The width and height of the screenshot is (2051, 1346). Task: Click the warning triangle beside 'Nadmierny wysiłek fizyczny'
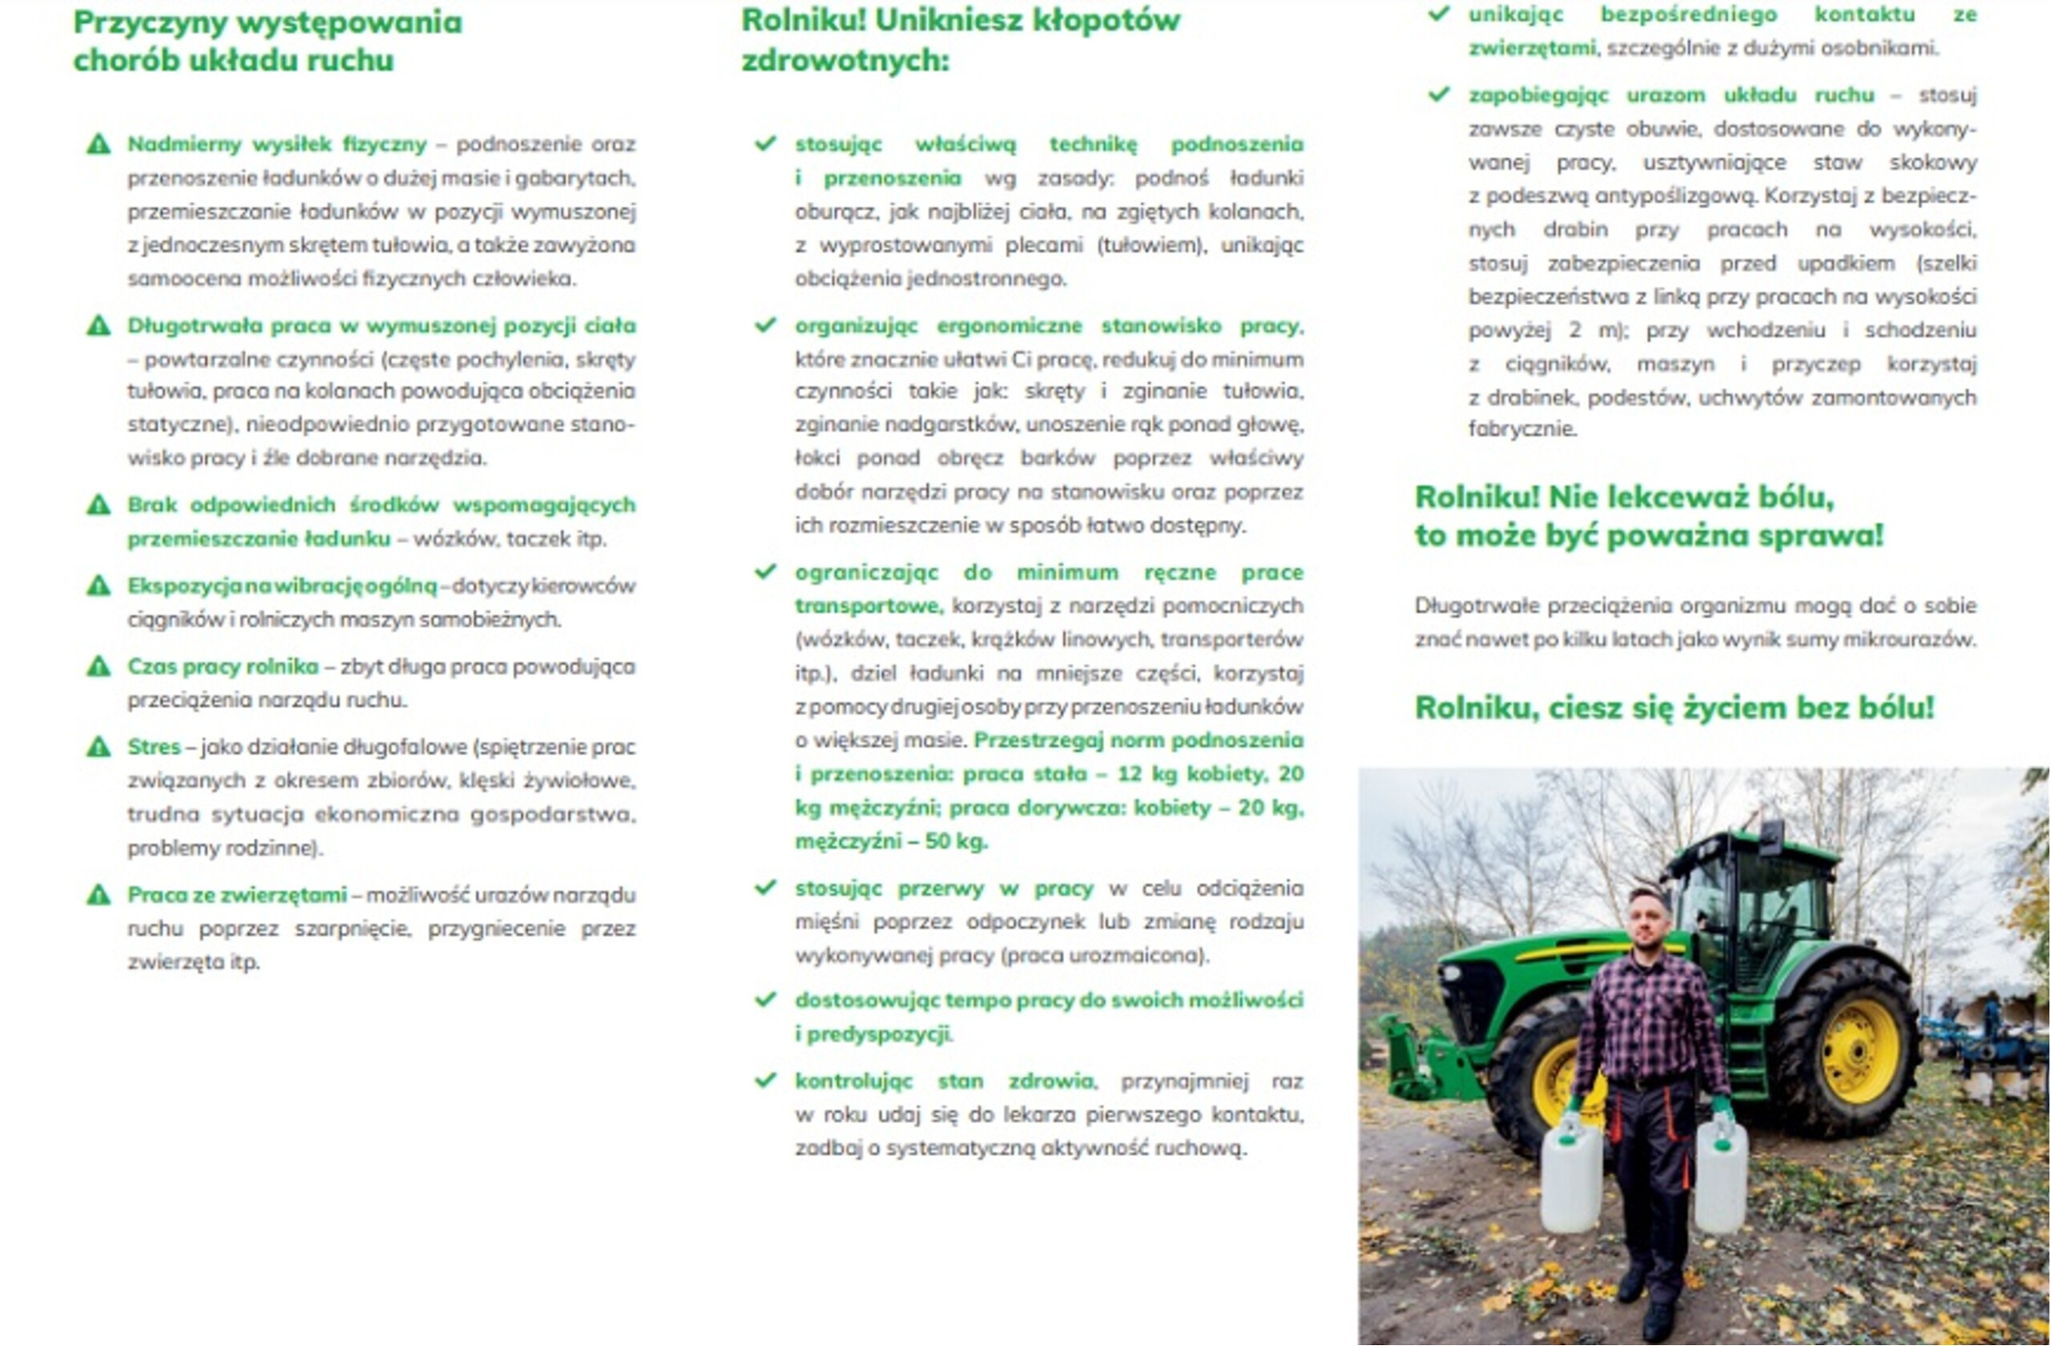(99, 144)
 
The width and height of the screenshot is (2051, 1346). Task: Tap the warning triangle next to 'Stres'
(99, 746)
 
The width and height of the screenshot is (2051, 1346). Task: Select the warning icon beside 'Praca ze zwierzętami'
(99, 895)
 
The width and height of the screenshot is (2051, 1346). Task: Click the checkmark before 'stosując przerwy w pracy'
(765, 888)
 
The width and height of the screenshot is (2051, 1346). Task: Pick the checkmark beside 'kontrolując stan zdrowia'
(765, 1081)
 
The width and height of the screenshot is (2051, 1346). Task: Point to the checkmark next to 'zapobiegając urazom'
(1439, 94)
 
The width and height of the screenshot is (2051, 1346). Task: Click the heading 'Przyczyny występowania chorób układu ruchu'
(267, 41)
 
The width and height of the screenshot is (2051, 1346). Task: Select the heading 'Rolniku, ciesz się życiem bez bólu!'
(1674, 707)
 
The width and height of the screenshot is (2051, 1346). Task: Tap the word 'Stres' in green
(155, 746)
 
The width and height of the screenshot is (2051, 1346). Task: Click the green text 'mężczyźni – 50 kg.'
(891, 841)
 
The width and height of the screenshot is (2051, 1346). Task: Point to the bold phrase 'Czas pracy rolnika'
(224, 666)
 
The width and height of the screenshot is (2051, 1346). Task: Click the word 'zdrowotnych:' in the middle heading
(844, 60)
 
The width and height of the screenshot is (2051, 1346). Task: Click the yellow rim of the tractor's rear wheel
(1860, 1050)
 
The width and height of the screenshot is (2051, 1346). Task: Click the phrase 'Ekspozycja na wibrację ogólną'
(283, 586)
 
